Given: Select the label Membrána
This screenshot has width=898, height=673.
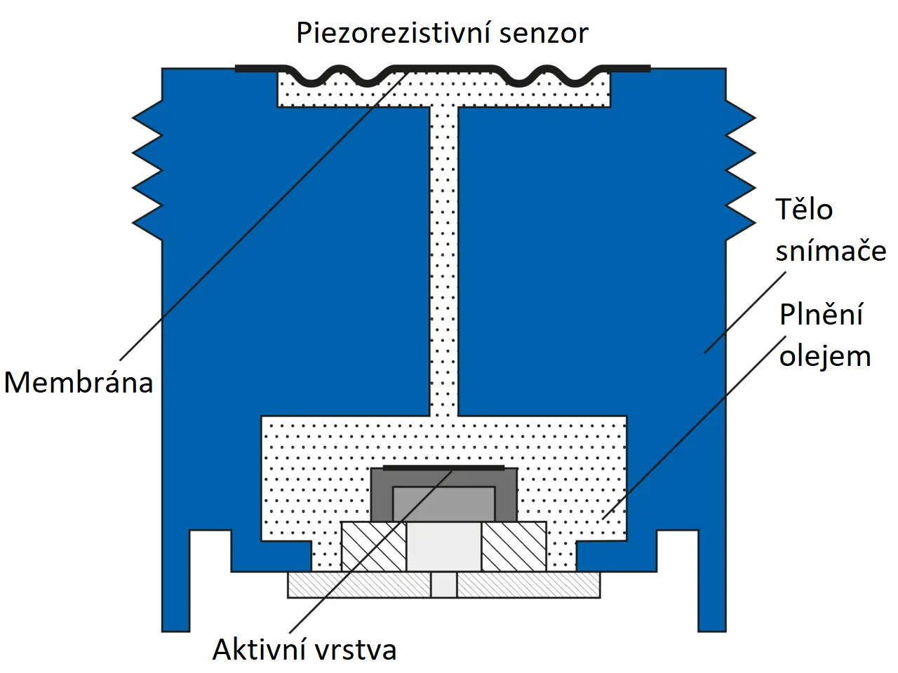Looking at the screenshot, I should [x=79, y=382].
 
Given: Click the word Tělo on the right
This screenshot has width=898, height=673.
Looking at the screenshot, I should [x=804, y=209].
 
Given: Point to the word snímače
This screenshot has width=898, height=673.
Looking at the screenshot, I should [x=831, y=250].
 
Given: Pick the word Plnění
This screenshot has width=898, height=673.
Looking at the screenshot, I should [x=821, y=314].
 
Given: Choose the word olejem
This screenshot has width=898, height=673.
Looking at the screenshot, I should [x=825, y=355].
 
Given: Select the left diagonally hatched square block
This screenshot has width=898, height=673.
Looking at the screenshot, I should [x=373, y=546].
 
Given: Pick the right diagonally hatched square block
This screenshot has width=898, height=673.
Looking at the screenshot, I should [x=514, y=546].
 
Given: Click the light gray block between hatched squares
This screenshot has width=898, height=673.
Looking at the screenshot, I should [x=443, y=546].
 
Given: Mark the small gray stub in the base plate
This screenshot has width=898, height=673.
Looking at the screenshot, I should [x=443, y=585].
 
